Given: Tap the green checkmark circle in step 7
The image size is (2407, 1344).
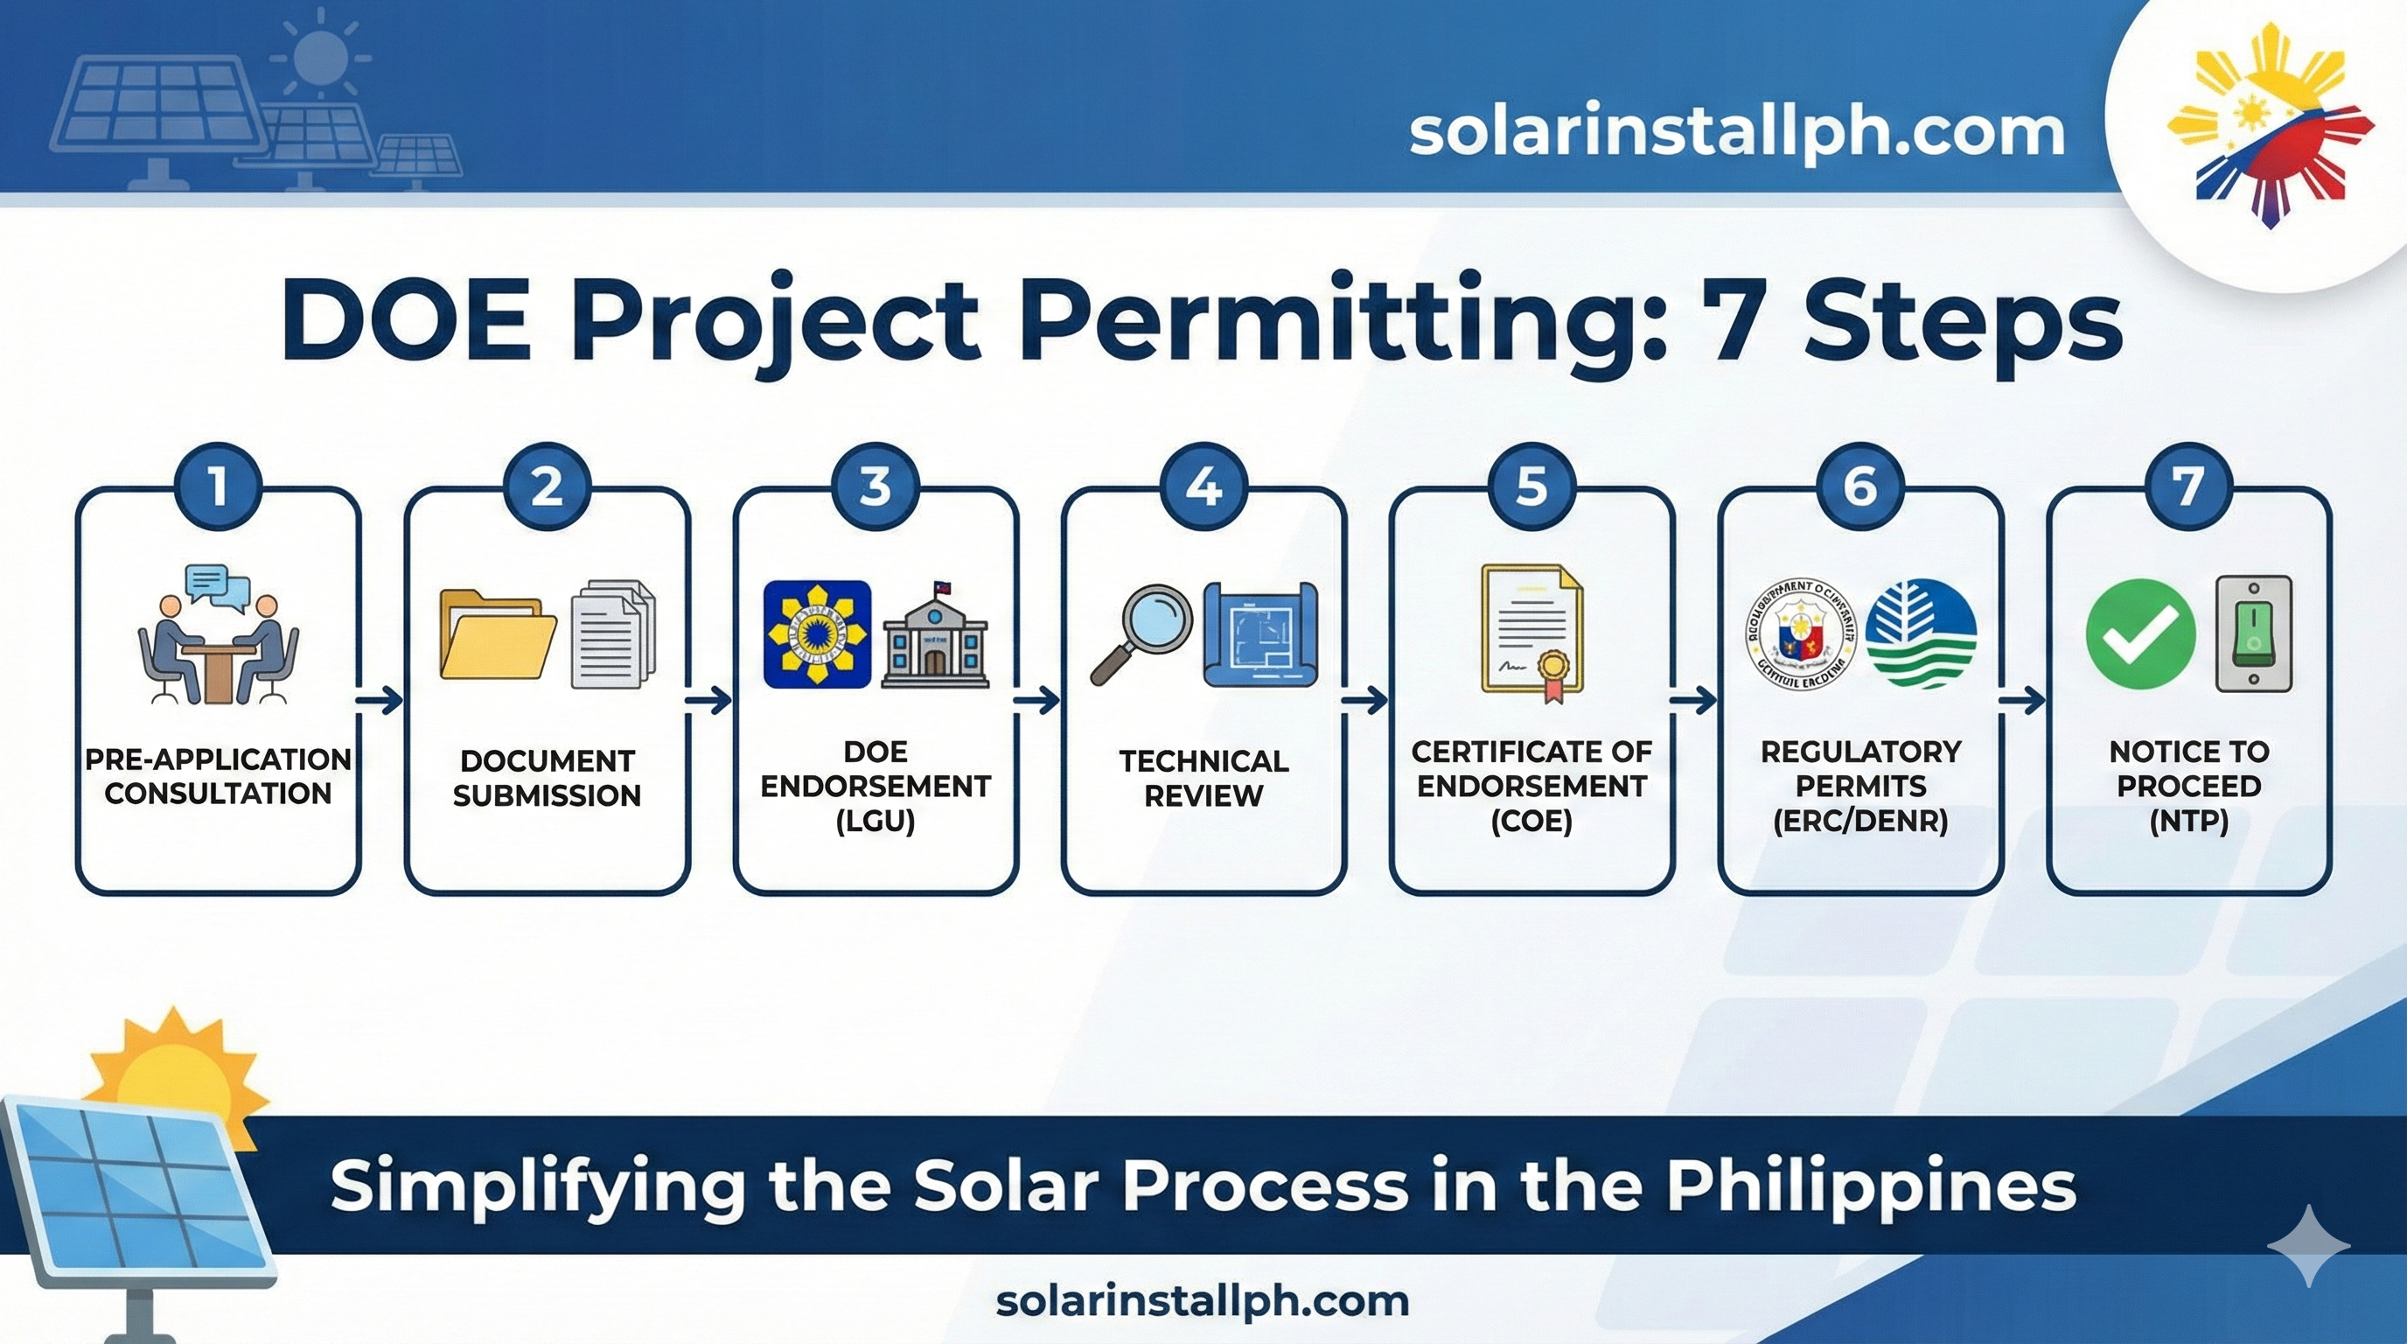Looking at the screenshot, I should pos(2139,633).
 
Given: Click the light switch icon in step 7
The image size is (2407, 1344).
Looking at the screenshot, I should pos(2253,633).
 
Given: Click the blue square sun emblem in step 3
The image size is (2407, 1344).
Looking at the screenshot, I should pos(817,634).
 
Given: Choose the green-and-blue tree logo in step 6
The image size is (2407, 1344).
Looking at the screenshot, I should pos(1920,633).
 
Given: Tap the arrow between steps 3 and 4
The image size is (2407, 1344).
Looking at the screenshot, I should pos(1038,699).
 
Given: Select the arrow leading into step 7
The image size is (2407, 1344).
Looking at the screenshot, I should pos(2022,699).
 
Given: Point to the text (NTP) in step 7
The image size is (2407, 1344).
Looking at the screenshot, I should pos(2188,821).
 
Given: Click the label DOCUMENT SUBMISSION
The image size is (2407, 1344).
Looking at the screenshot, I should pos(547,778).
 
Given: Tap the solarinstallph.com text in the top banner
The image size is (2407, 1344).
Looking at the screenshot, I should pos(1736,133).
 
